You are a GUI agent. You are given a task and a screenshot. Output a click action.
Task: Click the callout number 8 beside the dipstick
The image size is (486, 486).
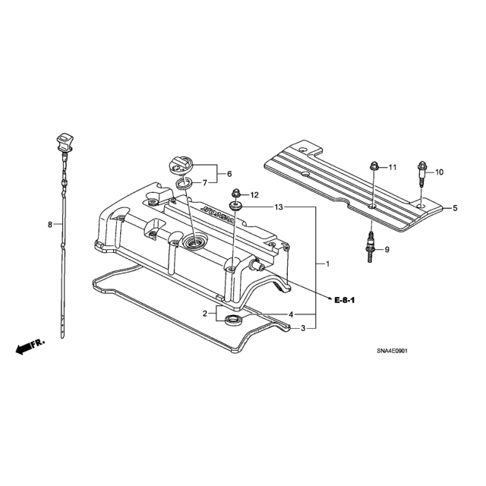point(50,225)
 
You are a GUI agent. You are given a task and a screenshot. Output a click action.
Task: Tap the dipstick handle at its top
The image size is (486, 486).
point(65,143)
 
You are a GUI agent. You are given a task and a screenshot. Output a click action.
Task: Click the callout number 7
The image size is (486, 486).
point(205,183)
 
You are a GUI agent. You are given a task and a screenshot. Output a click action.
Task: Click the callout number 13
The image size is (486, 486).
point(279,207)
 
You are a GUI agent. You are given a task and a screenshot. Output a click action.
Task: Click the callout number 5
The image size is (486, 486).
point(455,208)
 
